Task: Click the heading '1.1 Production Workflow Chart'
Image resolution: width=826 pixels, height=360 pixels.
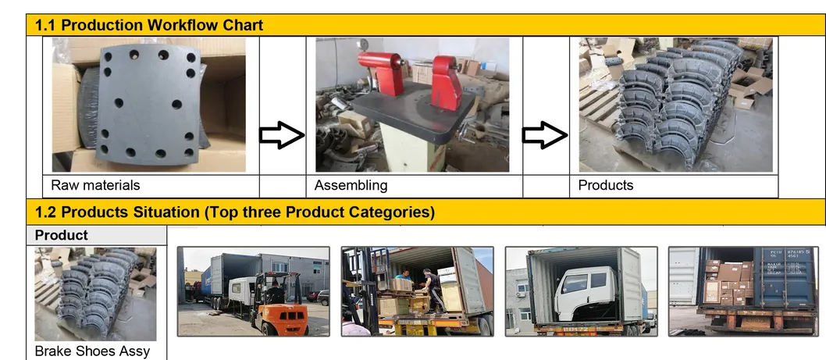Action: [149, 25]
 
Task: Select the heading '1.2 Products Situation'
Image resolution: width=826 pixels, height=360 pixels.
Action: [235, 212]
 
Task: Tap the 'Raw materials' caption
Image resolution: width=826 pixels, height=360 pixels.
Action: [95, 186]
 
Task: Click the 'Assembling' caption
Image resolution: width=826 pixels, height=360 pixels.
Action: [351, 186]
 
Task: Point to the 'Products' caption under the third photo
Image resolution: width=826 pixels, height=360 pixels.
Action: [605, 186]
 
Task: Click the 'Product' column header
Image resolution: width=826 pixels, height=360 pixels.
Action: [62, 235]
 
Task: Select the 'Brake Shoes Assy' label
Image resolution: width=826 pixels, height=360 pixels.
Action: [92, 351]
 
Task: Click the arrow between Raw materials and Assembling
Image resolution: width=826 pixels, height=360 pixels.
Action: [281, 137]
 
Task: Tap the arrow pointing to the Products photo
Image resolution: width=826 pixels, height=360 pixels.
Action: [545, 137]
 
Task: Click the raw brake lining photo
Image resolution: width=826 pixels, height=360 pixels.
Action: [148, 105]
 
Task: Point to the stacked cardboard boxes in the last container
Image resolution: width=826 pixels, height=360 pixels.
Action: [729, 281]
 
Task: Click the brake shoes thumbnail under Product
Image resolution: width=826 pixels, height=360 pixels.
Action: [95, 294]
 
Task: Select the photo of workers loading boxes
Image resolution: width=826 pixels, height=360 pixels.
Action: [417, 291]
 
